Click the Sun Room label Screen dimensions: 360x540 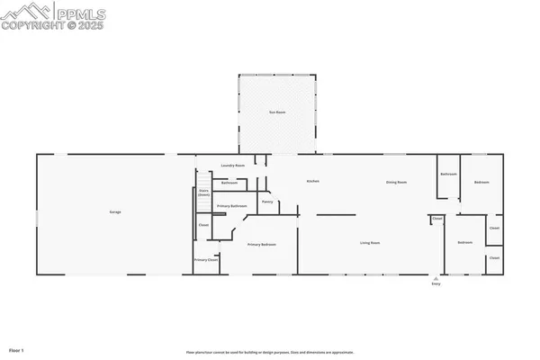click(277, 112)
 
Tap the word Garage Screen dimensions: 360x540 click(115, 211)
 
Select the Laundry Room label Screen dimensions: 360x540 click(234, 166)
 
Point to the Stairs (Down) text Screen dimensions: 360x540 click(204, 193)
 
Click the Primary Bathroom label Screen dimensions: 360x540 click(231, 206)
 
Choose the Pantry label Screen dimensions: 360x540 click(267, 202)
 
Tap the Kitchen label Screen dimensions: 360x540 click(313, 182)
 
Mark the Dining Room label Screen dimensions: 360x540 click(397, 183)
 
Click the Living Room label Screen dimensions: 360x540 click(370, 243)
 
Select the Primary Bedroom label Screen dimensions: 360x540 click(261, 245)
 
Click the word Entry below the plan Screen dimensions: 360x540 click(436, 285)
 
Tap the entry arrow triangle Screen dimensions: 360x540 click(436, 277)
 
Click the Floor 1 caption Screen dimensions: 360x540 click(16, 349)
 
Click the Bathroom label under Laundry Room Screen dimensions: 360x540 click(229, 183)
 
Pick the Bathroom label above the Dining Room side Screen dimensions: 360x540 click(448, 174)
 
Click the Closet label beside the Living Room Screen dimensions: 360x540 click(437, 219)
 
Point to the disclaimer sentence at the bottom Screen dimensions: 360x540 click(270, 351)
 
